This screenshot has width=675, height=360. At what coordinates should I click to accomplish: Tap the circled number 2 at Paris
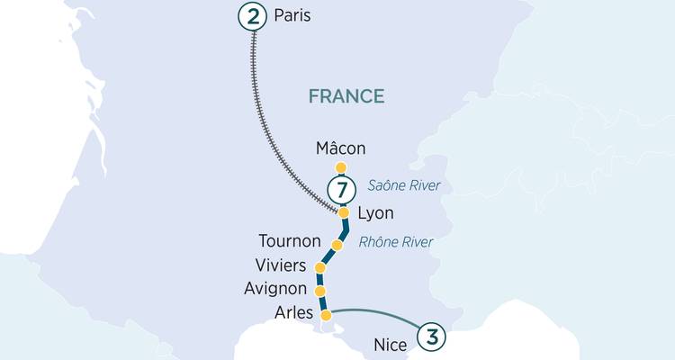pyautogui.click(x=251, y=16)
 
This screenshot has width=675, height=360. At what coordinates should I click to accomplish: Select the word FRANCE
pyautogui.click(x=346, y=96)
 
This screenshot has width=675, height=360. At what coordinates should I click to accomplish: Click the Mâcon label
pyautogui.click(x=341, y=148)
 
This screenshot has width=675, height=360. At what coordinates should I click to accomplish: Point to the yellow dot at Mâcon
pyautogui.click(x=340, y=167)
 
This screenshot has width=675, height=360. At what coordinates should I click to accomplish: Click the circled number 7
pyautogui.click(x=339, y=190)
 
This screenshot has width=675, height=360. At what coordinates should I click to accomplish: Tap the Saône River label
pyautogui.click(x=409, y=186)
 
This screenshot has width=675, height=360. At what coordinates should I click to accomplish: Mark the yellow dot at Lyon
pyautogui.click(x=343, y=212)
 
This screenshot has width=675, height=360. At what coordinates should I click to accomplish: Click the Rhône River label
pyautogui.click(x=396, y=241)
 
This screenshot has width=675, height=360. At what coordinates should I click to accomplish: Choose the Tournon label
pyautogui.click(x=290, y=241)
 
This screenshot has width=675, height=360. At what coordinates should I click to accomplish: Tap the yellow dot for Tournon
pyautogui.click(x=337, y=245)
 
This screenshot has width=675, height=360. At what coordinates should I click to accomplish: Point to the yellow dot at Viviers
pyautogui.click(x=319, y=268)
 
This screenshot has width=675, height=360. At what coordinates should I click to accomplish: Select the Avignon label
pyautogui.click(x=277, y=290)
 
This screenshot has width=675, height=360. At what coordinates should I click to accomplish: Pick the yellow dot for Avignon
pyautogui.click(x=320, y=291)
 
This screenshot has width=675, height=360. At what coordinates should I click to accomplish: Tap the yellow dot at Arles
pyautogui.click(x=327, y=315)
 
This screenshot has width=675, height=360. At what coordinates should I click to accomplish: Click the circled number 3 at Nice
pyautogui.click(x=433, y=337)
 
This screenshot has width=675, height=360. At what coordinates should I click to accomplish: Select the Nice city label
pyautogui.click(x=391, y=345)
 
